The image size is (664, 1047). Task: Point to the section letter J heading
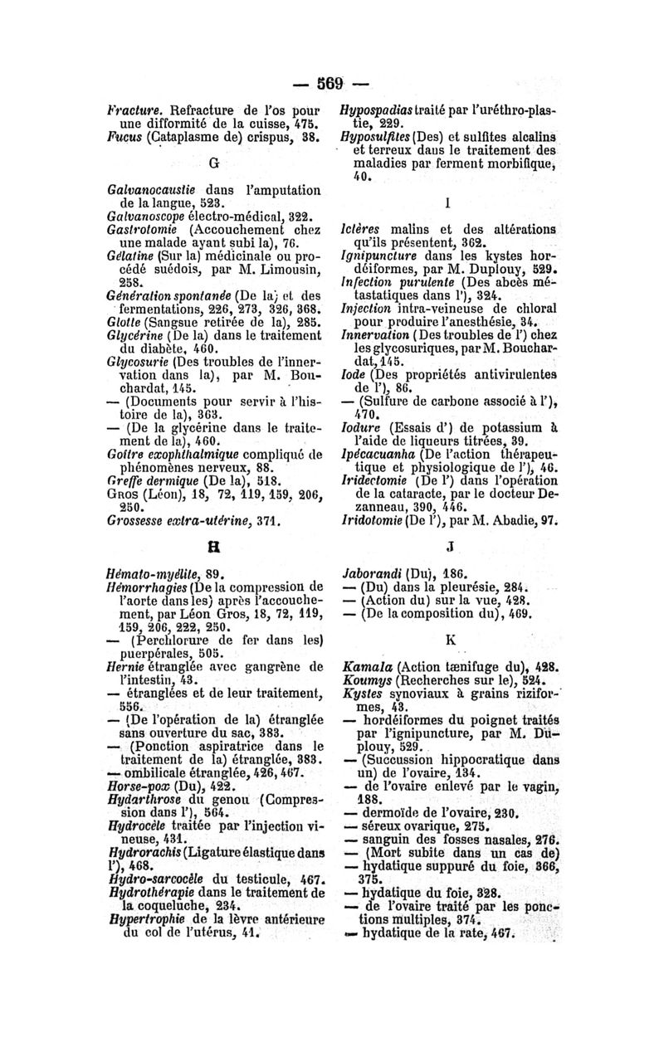pyautogui.click(x=448, y=547)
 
